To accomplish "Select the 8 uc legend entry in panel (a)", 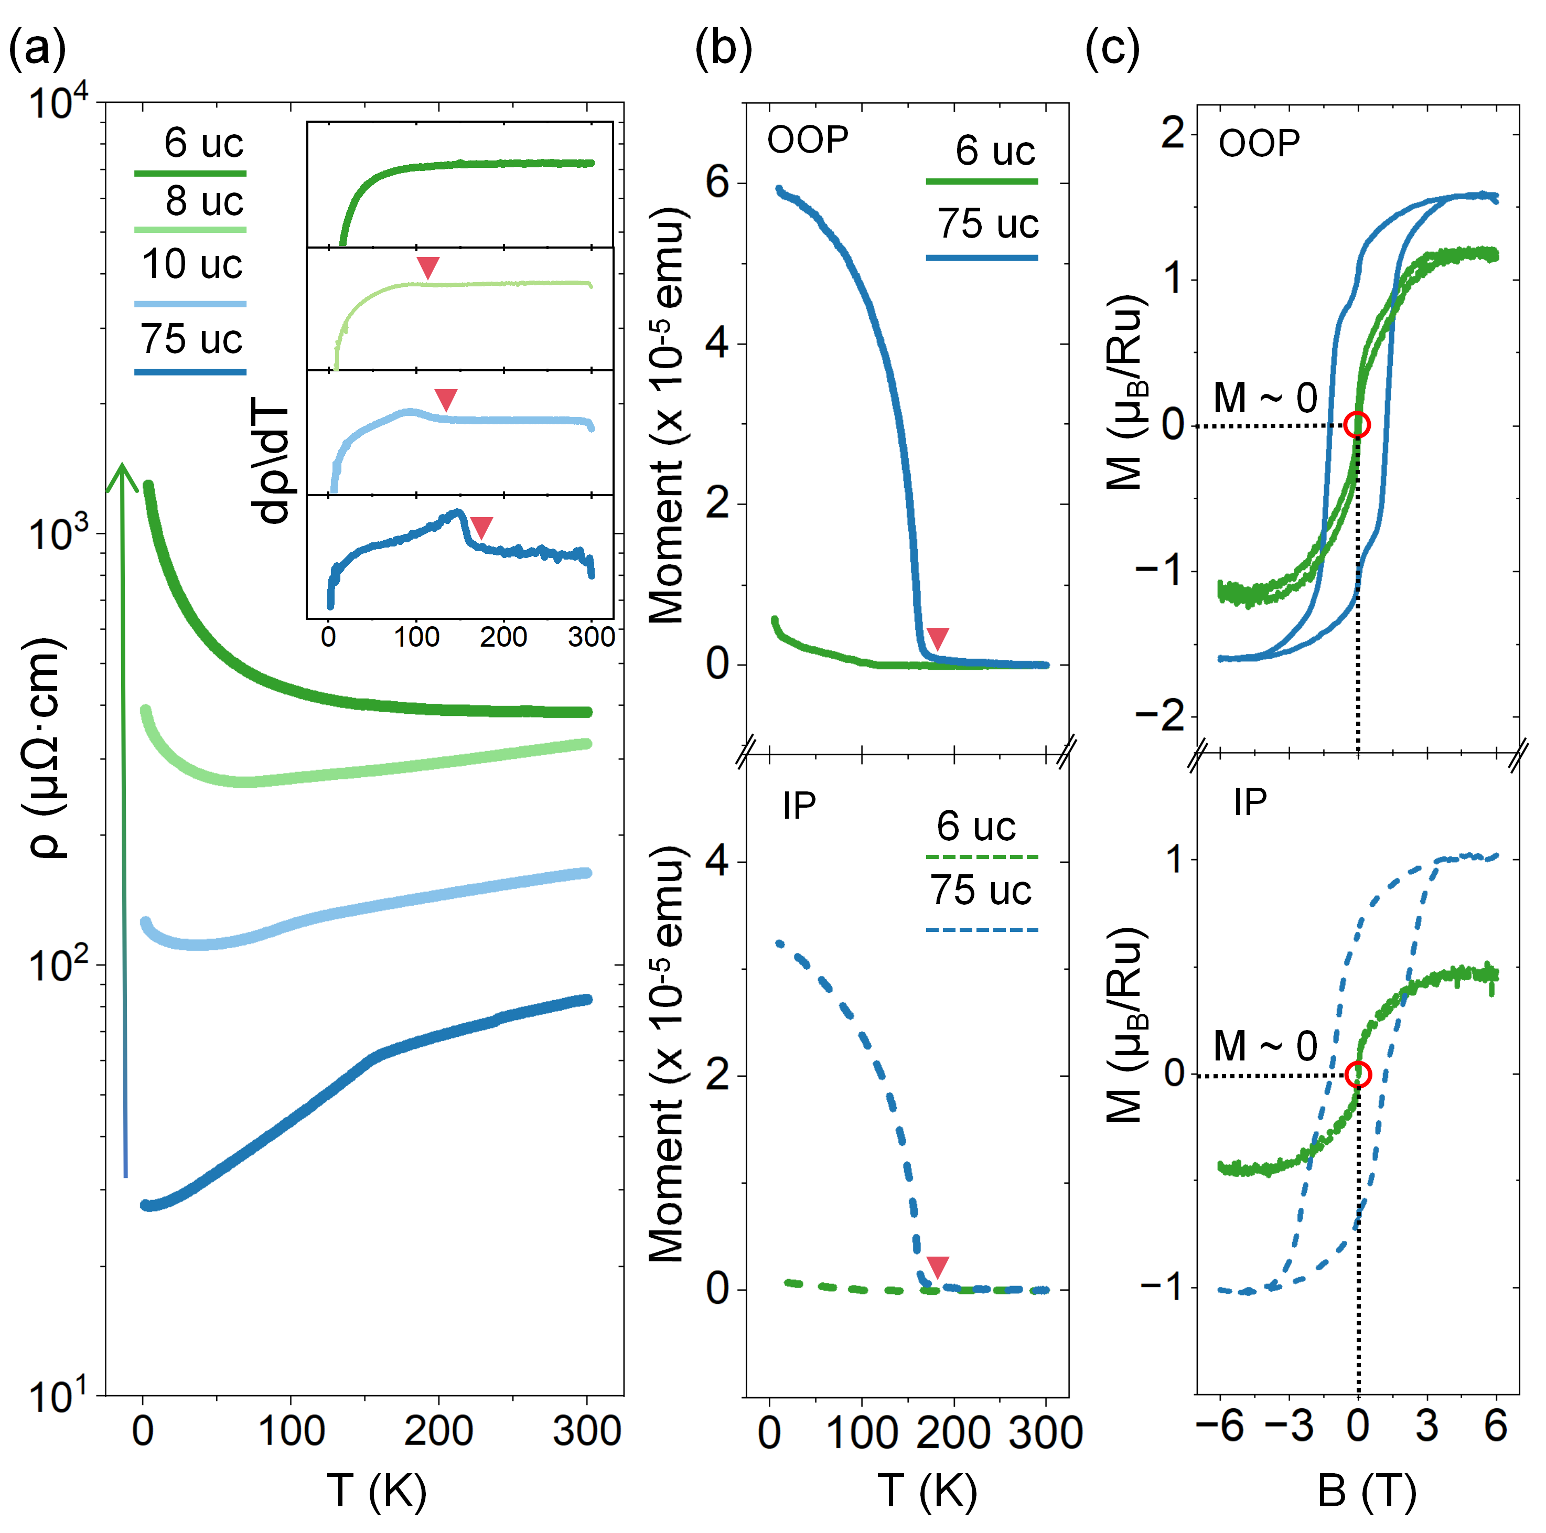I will point(203,201).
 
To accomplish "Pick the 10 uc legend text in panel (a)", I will point(191,264).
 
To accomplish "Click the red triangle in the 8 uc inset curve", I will point(428,267).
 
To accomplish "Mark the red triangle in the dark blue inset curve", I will point(481,527).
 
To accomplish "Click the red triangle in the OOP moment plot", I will point(937,638).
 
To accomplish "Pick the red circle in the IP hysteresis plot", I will point(1357,1075).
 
